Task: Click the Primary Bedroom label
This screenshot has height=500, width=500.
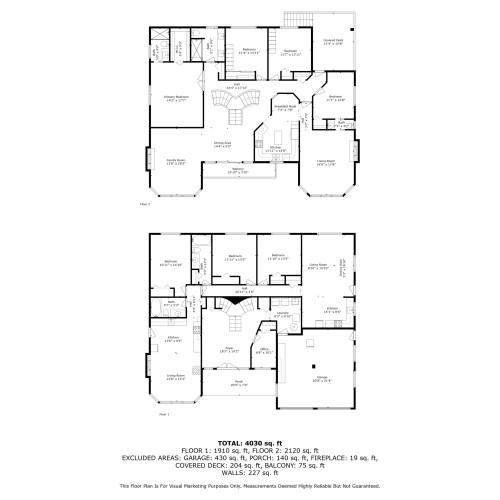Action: tap(176, 98)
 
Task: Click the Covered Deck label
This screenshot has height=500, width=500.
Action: tap(333, 42)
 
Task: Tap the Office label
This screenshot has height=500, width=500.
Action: tap(264, 351)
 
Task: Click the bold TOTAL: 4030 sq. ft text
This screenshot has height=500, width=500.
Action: tap(249, 441)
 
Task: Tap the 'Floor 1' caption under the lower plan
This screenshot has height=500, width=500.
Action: tap(164, 413)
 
